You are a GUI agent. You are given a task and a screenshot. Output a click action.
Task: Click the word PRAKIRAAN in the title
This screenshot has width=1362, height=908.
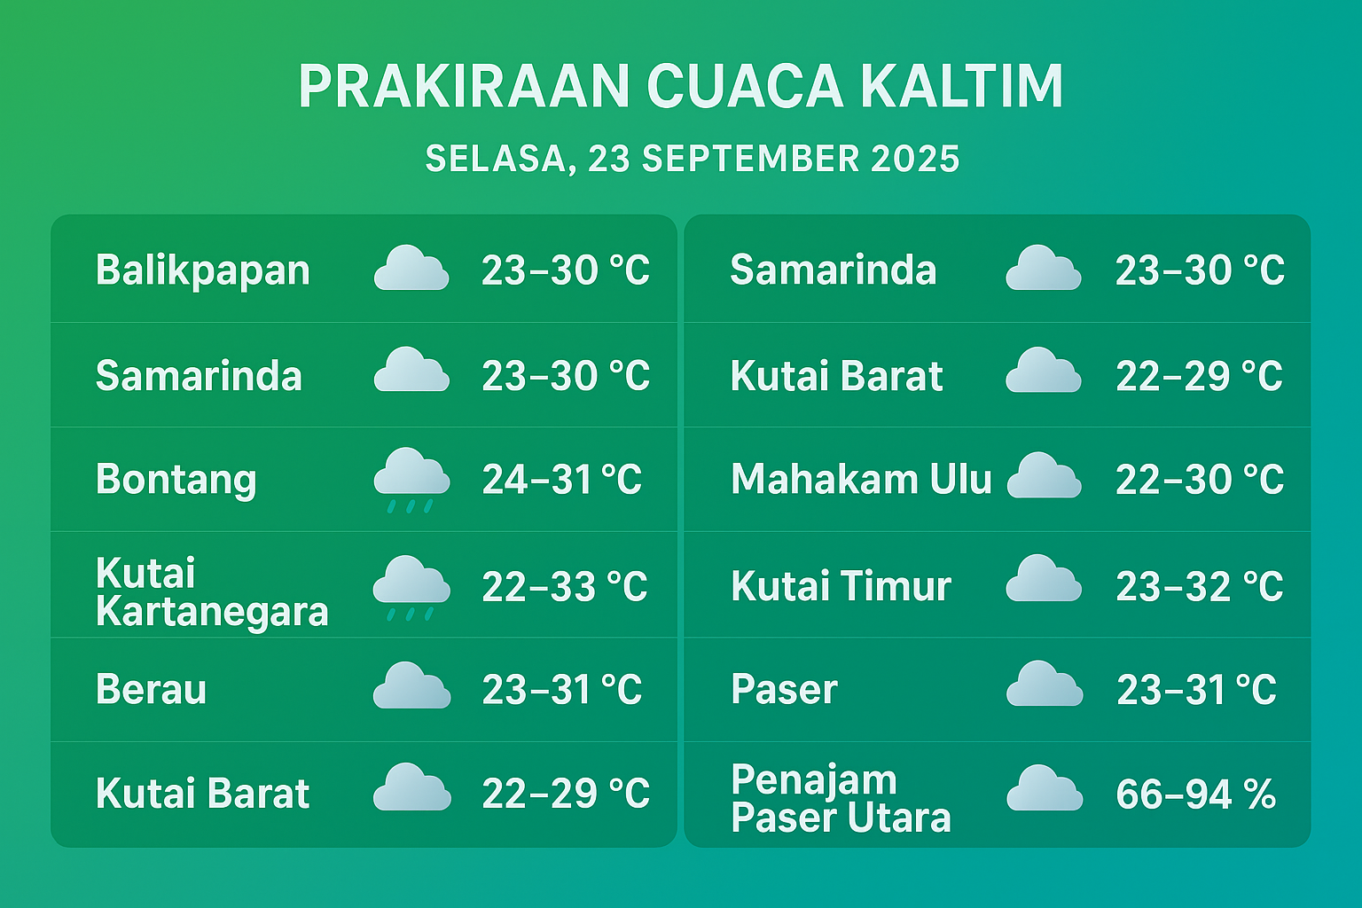pos(464,86)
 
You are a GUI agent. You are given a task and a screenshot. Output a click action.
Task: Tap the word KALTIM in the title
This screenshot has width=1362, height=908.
pos(962,86)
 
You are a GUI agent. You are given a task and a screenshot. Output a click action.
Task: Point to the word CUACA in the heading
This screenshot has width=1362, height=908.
pos(744,86)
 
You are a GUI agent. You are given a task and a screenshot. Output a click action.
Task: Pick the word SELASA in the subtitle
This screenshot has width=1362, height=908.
pos(500,160)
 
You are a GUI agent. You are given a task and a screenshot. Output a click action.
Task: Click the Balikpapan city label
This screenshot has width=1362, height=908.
pos(202,270)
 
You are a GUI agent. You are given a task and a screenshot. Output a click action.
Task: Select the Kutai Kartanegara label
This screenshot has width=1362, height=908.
pos(212,591)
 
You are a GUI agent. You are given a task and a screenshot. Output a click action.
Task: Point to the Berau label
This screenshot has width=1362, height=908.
pos(151,689)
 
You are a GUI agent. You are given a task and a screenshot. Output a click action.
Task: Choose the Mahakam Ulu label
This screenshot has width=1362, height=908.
pos(861,479)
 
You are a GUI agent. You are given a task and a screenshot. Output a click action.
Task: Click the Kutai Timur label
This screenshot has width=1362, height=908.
pos(841,585)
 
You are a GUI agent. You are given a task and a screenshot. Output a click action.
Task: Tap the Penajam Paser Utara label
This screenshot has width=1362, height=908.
pos(841,798)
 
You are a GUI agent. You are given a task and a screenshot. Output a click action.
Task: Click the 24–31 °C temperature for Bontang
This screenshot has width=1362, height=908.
pos(562,480)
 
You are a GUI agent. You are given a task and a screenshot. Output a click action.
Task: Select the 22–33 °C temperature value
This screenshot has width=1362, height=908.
pos(565,586)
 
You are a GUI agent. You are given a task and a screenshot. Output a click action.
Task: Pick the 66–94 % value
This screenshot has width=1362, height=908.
pos(1196,794)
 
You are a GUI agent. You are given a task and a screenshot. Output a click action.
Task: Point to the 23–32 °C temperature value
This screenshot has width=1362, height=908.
pos(1200,586)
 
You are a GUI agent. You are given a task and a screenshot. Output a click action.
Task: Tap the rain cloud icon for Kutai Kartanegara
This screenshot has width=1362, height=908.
pos(411,588)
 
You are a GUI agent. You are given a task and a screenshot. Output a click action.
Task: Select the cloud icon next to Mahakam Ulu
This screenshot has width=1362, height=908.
pos(1044,475)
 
